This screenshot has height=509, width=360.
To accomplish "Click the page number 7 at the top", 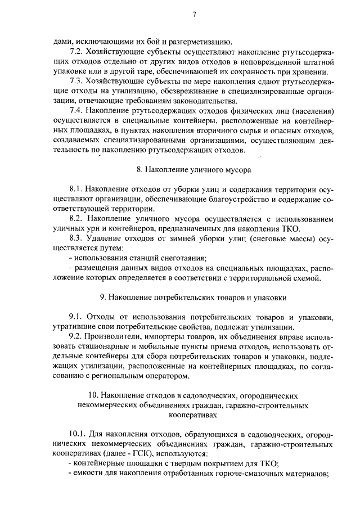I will click(x=193, y=15).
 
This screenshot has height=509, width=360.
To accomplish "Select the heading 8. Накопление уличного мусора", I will click(x=193, y=169).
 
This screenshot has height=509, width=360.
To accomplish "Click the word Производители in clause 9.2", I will click(x=114, y=337).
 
